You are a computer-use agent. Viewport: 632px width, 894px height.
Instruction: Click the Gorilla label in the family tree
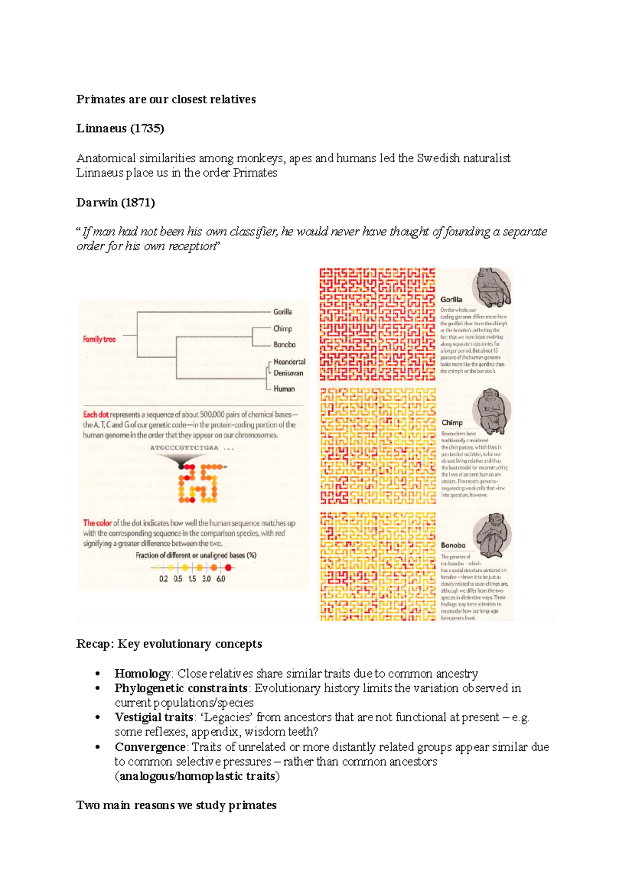tap(282, 312)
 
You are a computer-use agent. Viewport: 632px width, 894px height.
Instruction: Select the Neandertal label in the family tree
tap(289, 362)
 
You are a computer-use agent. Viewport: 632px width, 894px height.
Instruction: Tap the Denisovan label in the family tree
tap(288, 373)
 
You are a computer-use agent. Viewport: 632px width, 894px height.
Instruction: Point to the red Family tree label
tap(99, 339)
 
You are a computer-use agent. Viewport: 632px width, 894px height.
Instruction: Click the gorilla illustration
tap(492, 287)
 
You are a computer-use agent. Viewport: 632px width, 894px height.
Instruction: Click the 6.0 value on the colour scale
tap(221, 579)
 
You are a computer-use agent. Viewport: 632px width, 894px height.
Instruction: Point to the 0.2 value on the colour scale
tap(163, 579)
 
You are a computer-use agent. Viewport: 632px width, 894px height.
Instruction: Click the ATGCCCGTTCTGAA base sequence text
tap(184, 448)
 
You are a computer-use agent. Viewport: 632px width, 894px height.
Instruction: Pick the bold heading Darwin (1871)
tap(115, 203)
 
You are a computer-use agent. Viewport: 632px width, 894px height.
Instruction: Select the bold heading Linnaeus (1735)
tap(120, 128)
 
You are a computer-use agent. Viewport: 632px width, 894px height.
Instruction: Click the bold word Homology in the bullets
tap(142, 674)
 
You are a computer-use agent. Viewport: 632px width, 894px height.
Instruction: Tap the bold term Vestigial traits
tap(154, 718)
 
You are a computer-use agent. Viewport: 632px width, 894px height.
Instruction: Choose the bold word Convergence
tap(150, 747)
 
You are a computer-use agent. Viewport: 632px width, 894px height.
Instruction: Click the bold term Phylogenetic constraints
tap(181, 689)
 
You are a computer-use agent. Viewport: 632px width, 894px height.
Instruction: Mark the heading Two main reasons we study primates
tap(176, 806)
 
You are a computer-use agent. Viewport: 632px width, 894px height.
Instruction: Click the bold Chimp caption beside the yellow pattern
tap(452, 422)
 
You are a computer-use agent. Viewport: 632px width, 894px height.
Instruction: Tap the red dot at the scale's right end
tap(228, 568)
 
